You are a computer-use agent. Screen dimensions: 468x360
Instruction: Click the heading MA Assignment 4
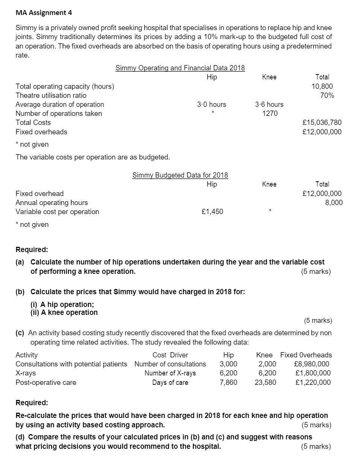click(x=44, y=12)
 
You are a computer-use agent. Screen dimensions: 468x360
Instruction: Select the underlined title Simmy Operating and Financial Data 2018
click(x=180, y=68)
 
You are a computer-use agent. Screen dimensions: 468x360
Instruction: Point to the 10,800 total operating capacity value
click(x=322, y=86)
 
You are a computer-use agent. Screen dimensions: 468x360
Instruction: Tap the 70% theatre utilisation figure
click(x=327, y=95)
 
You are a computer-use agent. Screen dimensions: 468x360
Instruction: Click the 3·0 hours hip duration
click(x=211, y=104)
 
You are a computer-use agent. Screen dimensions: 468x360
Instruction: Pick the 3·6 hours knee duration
click(x=269, y=104)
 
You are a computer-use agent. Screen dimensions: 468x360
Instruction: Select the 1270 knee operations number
click(x=269, y=113)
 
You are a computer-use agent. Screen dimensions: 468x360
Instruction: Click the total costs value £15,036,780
click(x=322, y=122)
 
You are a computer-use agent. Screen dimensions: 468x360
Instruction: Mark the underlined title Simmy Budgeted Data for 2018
click(x=180, y=175)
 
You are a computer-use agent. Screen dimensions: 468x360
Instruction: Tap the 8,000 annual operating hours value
click(x=334, y=202)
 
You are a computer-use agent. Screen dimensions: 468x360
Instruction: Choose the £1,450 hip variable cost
click(x=212, y=211)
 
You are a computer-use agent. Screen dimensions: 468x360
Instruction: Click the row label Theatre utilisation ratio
click(x=51, y=95)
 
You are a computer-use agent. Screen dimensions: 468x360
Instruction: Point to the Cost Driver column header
click(x=170, y=355)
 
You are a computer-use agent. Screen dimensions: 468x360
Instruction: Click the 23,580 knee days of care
click(x=265, y=382)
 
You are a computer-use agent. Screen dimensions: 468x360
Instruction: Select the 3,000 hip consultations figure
click(x=228, y=364)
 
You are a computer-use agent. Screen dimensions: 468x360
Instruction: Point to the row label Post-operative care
click(x=46, y=382)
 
